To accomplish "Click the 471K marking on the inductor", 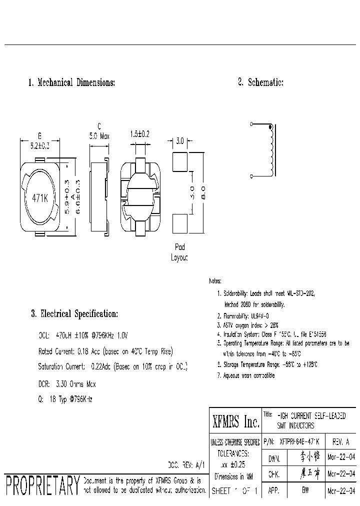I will (x=39, y=197).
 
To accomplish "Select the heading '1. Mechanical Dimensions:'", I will (x=71, y=82).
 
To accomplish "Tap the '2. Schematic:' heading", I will (x=260, y=82).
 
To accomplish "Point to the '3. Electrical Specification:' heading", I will (x=74, y=314).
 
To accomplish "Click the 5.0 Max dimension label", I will (x=99, y=135).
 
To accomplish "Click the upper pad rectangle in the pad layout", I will (x=179, y=161).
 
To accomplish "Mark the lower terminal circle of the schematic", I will (x=251, y=176).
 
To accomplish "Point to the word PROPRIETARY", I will (x=42, y=485).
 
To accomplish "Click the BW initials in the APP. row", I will (x=305, y=491).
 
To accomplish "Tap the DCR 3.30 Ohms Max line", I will (x=67, y=384).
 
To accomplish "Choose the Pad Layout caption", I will (x=179, y=252).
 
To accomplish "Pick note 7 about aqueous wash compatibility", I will (x=246, y=375).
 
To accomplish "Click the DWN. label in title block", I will (x=274, y=458).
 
